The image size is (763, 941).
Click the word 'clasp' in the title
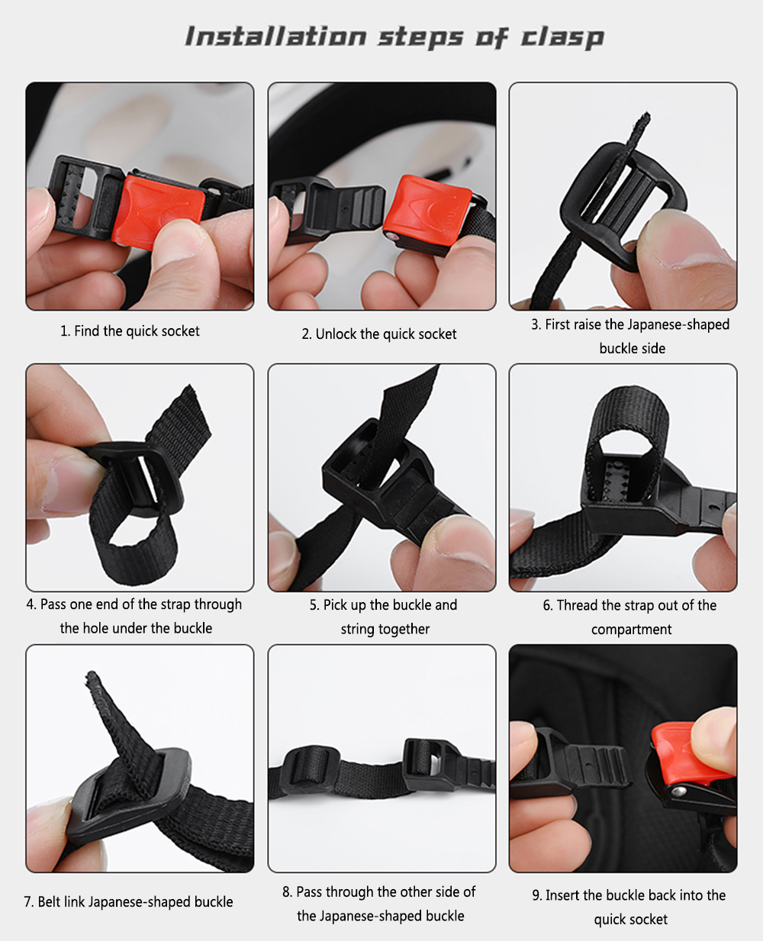562,37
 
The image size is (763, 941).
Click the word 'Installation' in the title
275,36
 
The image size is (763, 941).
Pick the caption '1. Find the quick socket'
130,331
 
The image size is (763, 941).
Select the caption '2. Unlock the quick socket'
379,334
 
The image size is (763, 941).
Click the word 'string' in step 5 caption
357,629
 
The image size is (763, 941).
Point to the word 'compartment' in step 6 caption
632,630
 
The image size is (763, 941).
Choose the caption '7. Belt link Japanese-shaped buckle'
128,901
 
